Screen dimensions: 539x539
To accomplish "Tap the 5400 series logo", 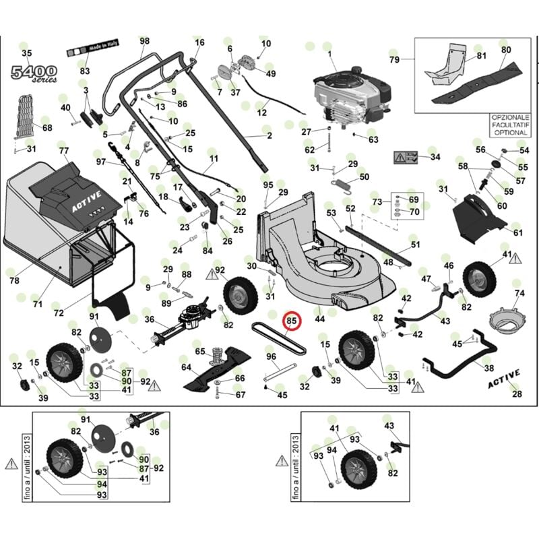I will (32, 73).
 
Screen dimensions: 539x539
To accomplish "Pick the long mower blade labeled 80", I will (481, 81).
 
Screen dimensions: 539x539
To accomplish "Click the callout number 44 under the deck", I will (319, 319).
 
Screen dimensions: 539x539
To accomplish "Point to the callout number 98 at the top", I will (144, 41).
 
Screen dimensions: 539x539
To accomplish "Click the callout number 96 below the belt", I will (272, 356).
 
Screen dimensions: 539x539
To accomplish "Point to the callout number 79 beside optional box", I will (394, 60).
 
